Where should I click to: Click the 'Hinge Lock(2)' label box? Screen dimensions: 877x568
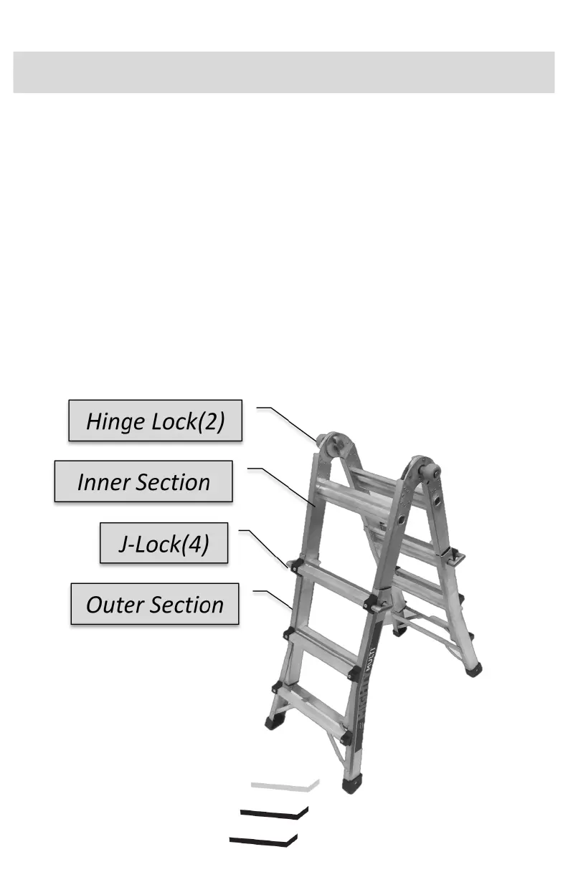coord(155,421)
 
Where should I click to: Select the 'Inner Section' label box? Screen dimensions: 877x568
coord(143,481)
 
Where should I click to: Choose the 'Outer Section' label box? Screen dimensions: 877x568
coord(154,605)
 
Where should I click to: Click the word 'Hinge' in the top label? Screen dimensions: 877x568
coord(114,421)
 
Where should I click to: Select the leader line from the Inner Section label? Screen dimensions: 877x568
coord(283,484)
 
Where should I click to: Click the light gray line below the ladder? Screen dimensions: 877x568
coord(284,785)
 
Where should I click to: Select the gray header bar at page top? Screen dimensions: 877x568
coord(284,72)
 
